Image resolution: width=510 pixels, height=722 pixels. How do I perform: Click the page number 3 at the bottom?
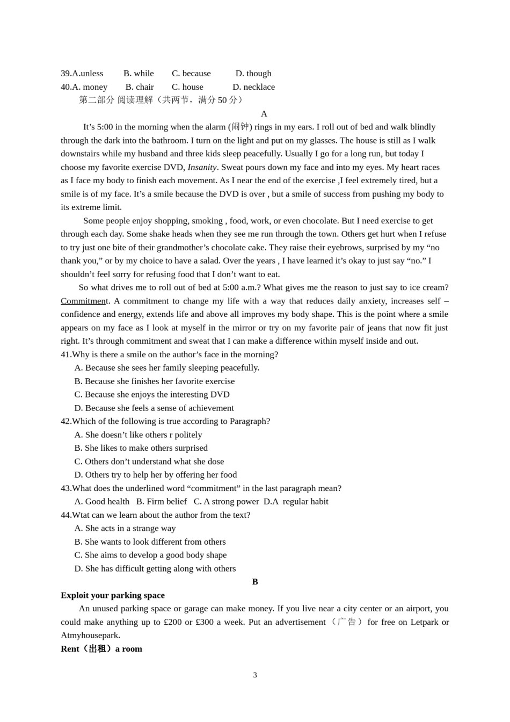(x=255, y=675)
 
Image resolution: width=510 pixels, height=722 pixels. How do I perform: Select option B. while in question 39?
(x=139, y=74)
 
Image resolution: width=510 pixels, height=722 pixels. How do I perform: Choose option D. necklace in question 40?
(x=253, y=87)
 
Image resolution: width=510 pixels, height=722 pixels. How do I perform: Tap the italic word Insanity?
(x=202, y=167)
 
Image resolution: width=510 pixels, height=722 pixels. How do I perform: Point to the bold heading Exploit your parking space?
(x=113, y=595)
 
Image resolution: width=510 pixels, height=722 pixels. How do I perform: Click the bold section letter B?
(x=255, y=582)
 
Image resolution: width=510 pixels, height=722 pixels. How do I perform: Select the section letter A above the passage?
(x=264, y=114)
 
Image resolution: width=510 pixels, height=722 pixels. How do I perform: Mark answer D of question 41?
(x=154, y=408)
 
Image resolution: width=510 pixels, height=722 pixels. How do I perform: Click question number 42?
(x=66, y=421)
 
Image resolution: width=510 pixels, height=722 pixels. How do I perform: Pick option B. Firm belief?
(x=161, y=502)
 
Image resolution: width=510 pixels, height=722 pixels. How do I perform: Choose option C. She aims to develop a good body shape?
(x=150, y=555)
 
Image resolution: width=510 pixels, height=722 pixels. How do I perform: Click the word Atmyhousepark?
(x=90, y=636)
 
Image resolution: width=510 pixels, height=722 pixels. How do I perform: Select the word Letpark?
(x=424, y=622)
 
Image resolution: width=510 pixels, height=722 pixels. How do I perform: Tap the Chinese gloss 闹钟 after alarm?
(x=240, y=127)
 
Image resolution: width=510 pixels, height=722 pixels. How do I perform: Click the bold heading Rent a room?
(x=101, y=649)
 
